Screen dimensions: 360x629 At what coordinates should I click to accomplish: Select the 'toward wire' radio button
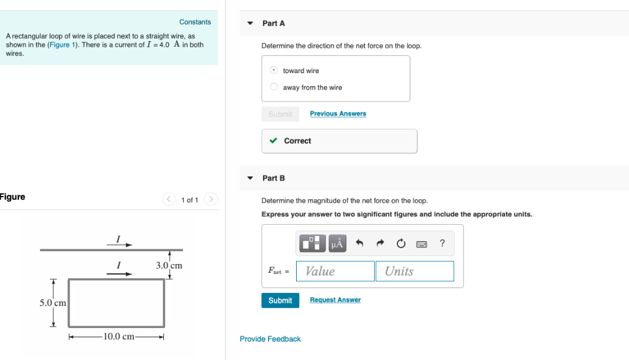click(275, 70)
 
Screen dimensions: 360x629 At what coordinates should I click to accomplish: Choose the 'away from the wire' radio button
click(275, 87)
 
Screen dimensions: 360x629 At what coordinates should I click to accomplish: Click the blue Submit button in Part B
click(280, 300)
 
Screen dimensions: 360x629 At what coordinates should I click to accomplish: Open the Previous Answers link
click(338, 114)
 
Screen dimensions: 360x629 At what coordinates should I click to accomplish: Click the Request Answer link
click(335, 300)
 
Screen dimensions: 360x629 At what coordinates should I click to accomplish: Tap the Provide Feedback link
click(270, 339)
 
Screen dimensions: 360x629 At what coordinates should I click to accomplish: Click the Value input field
click(335, 271)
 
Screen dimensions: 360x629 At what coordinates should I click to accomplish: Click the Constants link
click(195, 22)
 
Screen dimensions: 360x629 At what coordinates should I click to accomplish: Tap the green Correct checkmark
click(273, 141)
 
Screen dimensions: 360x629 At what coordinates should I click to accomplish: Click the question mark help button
click(442, 243)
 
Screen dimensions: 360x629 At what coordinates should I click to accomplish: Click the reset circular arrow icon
click(401, 244)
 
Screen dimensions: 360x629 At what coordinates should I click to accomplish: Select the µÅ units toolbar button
click(337, 244)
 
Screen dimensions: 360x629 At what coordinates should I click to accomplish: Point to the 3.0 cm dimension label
click(169, 266)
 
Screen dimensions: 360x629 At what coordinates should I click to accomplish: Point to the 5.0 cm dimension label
click(53, 303)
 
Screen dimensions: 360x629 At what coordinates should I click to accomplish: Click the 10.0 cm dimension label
click(119, 336)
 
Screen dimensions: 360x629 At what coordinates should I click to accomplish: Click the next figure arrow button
click(211, 199)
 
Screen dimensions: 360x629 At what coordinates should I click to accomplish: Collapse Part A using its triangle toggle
click(250, 23)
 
